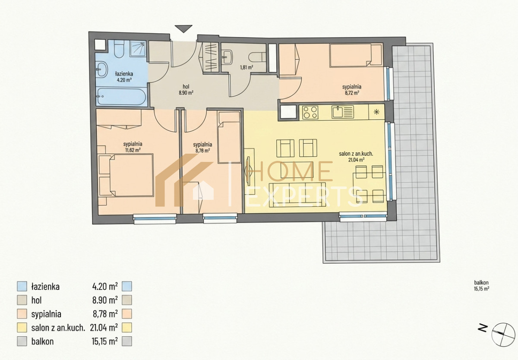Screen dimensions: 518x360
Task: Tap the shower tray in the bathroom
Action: click(x=138, y=48)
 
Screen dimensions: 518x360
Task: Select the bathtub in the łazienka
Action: click(x=121, y=96)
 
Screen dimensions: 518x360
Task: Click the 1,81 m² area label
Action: click(x=246, y=67)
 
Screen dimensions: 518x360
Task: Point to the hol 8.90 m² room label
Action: click(x=186, y=89)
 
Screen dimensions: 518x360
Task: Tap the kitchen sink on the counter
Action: click(x=343, y=112)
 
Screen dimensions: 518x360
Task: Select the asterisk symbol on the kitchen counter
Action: click(x=377, y=112)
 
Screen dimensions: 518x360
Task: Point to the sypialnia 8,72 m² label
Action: click(x=352, y=90)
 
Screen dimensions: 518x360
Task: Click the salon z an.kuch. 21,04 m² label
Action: click(x=357, y=157)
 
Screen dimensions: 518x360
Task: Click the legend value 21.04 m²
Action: click(x=104, y=327)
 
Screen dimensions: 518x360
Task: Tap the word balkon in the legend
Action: click(x=43, y=341)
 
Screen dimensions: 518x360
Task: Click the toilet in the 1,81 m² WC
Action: click(x=257, y=57)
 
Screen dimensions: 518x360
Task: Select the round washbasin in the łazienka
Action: click(x=102, y=69)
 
